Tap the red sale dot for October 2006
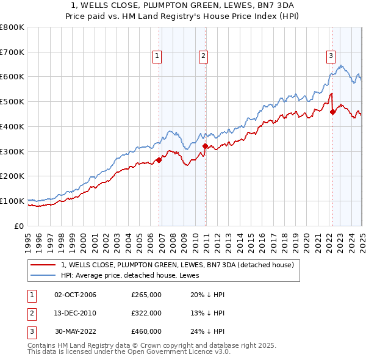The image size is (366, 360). pos(159,160)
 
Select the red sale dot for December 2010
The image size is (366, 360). pos(205,146)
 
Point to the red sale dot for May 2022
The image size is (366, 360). pos(332,112)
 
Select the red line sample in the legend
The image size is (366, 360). pos(43,265)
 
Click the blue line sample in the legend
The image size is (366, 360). pos(43,275)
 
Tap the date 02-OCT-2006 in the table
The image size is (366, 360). pos(76,295)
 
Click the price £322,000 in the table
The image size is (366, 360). pos(146,313)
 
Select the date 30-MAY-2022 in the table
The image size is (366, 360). pos(76,331)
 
